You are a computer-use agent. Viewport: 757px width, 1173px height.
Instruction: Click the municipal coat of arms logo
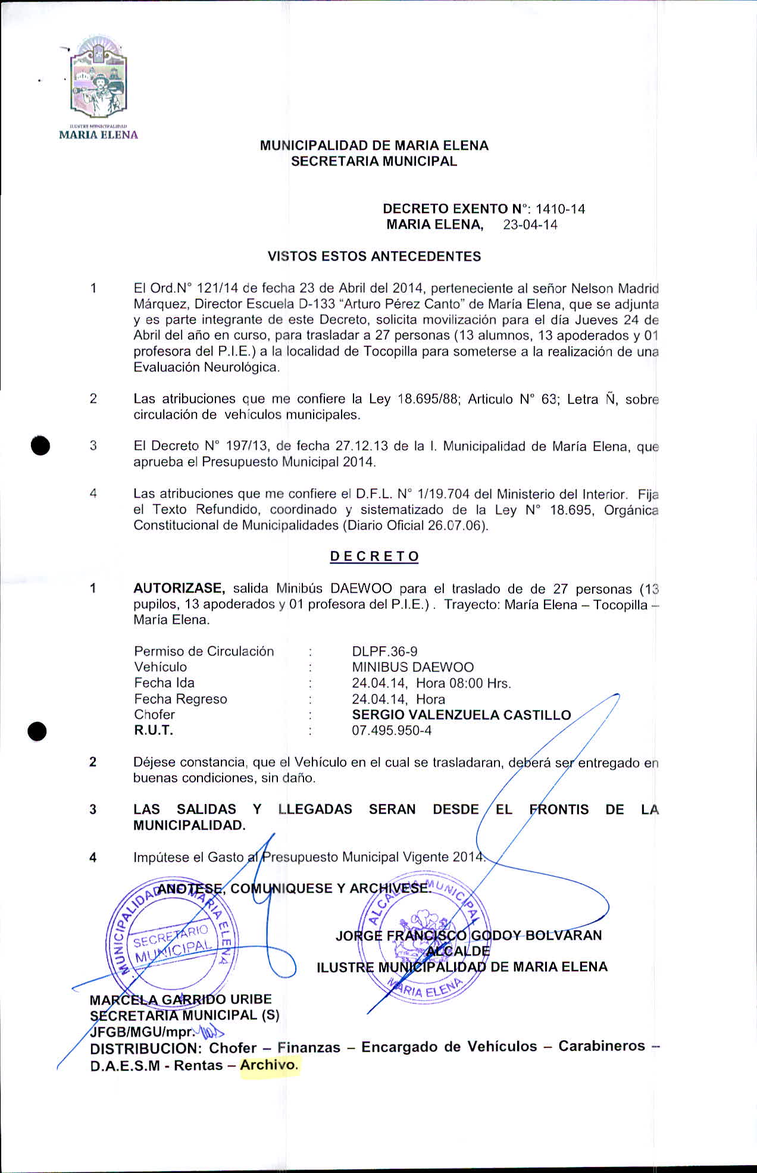pos(99,83)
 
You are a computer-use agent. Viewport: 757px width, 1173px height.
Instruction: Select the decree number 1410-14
pos(560,209)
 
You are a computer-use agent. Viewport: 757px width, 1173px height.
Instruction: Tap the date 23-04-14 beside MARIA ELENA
pos(530,225)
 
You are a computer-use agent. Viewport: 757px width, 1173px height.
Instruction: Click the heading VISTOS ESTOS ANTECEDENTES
pos(374,257)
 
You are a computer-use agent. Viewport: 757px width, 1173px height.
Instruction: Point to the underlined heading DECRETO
pos(374,556)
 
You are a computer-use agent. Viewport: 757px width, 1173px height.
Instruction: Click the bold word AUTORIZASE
pos(179,589)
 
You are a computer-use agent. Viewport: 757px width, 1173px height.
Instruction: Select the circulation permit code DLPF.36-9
pos(384,652)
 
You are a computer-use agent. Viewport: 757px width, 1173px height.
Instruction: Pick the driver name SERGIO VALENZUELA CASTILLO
pos(461,715)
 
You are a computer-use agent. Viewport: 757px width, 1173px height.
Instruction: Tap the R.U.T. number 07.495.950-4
pos(392,730)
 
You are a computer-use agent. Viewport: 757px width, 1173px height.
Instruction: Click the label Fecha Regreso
pos(180,699)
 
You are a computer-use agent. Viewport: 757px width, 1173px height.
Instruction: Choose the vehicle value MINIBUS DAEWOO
pos(412,667)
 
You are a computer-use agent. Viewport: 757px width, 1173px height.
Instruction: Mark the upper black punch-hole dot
pos(40,445)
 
